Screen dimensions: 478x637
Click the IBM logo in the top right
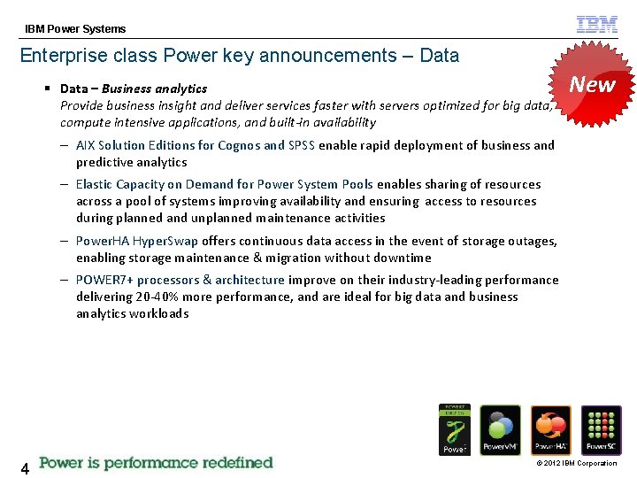coord(597,25)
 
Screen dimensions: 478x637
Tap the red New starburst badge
coord(592,84)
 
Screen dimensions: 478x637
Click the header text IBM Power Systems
coord(75,29)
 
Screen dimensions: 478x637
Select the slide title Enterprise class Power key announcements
coord(239,56)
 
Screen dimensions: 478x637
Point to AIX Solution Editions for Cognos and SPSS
coord(196,145)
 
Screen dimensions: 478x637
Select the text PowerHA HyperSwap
coord(137,241)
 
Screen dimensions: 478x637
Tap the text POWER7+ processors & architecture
coord(180,280)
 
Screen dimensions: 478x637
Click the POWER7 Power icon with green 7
coord(455,429)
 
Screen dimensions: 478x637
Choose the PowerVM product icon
coord(500,430)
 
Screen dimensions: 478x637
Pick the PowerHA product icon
coord(550,430)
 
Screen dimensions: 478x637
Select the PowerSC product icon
coord(602,430)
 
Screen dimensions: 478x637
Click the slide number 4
coord(25,468)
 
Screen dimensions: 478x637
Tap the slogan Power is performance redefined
coord(156,463)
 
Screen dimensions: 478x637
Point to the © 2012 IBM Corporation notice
coord(575,464)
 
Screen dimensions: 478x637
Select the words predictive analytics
coord(131,162)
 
